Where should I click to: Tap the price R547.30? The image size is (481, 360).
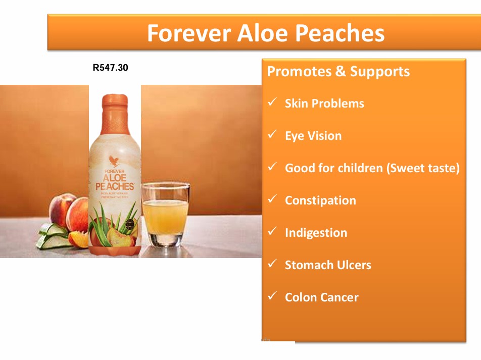110,67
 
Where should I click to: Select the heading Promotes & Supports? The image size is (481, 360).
338,71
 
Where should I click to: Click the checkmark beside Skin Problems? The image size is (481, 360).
272,102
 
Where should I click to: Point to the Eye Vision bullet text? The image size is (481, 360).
313,136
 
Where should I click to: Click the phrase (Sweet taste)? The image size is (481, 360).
423,168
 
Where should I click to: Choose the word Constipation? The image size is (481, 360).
320,200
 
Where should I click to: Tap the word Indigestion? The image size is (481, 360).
316,233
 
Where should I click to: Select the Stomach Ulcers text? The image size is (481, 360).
327,265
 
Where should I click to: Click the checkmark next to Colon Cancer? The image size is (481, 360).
272,296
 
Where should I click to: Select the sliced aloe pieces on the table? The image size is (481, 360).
51,235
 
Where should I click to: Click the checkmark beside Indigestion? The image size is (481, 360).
272,232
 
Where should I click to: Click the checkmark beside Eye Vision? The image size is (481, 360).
272,135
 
